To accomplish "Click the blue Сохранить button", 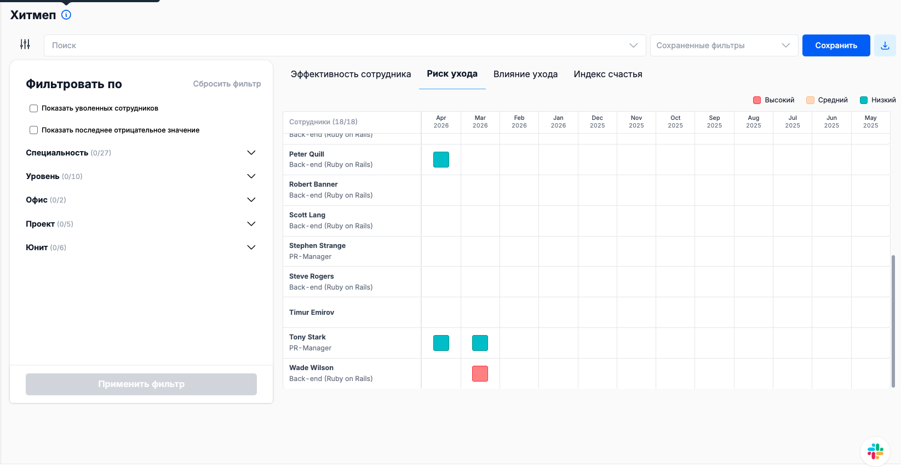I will pos(836,45).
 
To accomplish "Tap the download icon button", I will pos(885,45).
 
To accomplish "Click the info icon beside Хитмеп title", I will pos(66,15).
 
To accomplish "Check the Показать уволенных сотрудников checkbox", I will pos(34,108).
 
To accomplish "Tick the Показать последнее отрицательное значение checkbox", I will pos(34,130).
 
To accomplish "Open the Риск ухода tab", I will pos(452,74).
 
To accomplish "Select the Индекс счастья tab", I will pos(607,74).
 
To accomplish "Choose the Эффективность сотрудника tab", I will pos(351,74).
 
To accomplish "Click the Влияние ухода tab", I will pos(525,74).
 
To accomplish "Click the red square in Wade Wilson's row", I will pos(480,374).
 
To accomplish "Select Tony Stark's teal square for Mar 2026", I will pos(480,343).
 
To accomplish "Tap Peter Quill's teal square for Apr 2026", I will pos(441,160).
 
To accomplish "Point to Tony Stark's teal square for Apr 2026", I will pos(441,343).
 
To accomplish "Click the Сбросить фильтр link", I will pos(227,84).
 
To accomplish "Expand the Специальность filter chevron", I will pos(251,153).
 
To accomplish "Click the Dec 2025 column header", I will pos(597,122).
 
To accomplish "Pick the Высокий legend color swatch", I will pos(757,100).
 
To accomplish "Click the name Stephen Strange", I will pos(317,246).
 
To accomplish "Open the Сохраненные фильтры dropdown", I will pos(724,45).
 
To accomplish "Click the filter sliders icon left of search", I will pos(25,44).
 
